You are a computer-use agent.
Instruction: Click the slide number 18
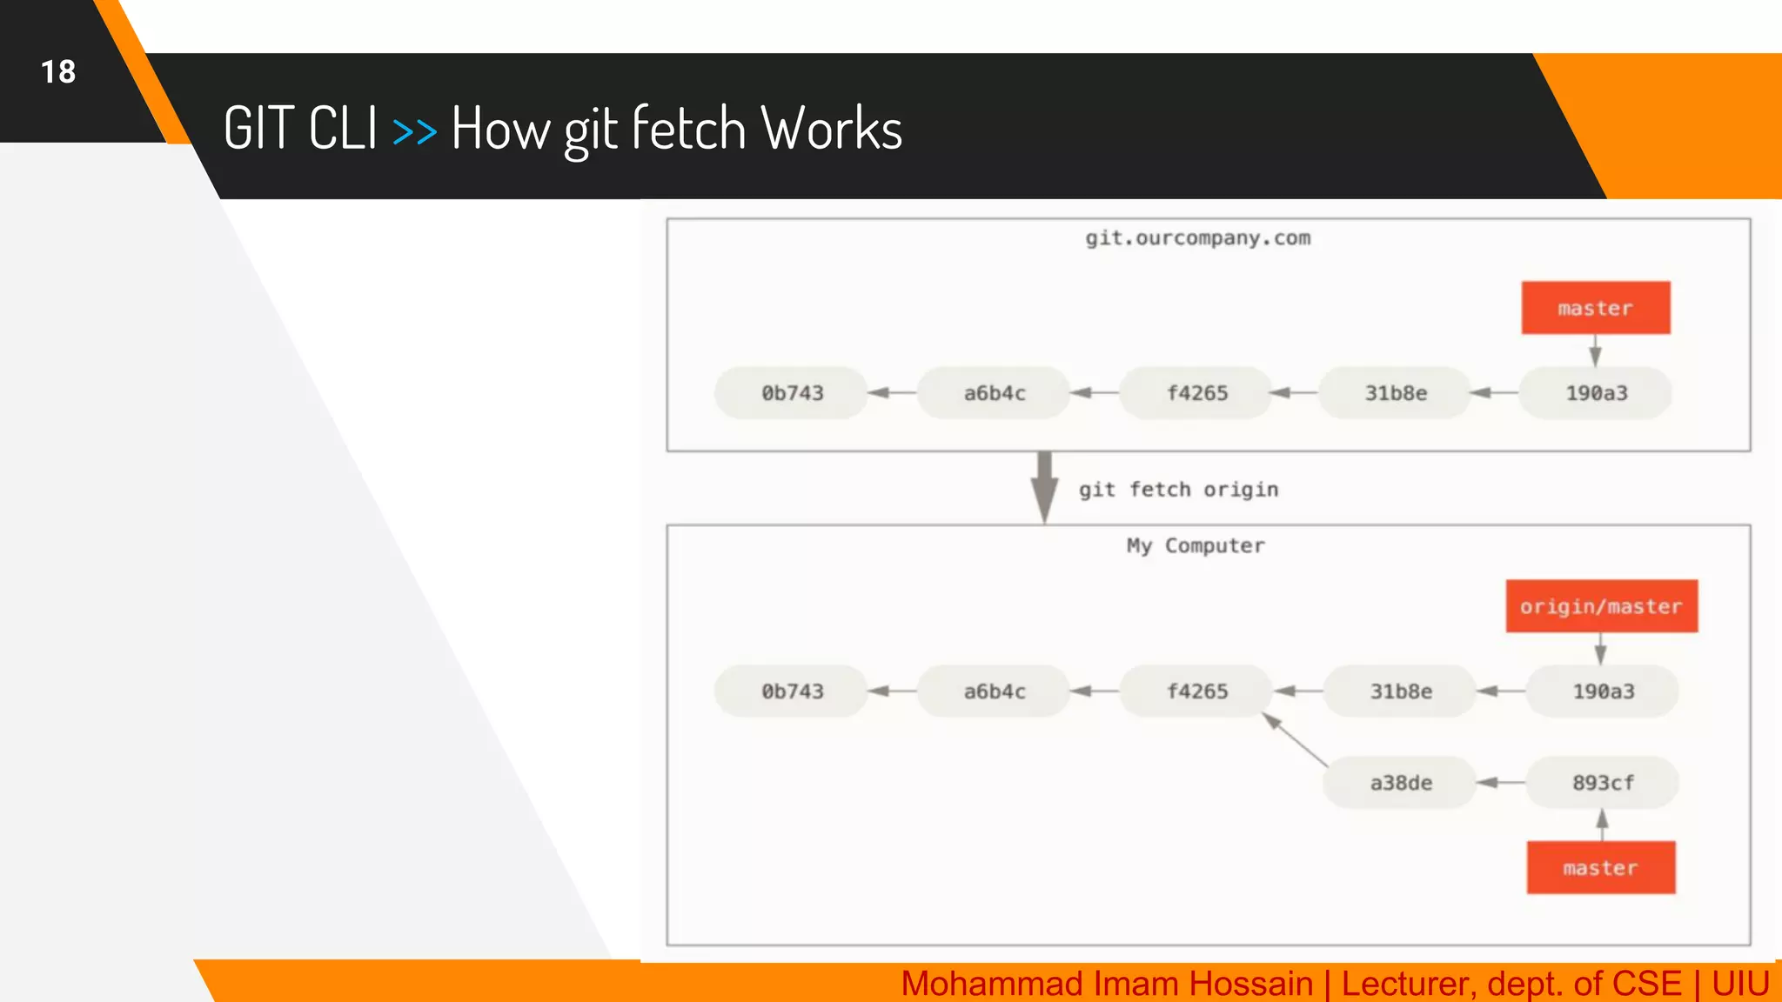pos(58,72)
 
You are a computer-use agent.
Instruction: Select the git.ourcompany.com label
pos(1197,238)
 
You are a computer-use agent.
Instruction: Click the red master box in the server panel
pos(1595,308)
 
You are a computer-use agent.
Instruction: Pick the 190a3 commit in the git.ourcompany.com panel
pos(1596,393)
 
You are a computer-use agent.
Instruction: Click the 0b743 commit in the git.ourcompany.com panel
pos(792,393)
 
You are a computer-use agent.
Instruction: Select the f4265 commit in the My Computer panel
pos(1197,691)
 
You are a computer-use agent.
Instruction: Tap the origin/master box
pos(1601,606)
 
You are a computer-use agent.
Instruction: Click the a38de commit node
pos(1400,783)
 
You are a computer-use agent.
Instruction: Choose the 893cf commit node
pos(1603,783)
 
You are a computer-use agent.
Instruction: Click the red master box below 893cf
pos(1600,868)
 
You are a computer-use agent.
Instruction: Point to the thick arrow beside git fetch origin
pos(1044,487)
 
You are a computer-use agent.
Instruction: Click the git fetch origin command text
pos(1178,490)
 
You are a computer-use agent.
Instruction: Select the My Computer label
pos(1196,545)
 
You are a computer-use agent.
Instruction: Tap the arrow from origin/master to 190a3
pos(1600,649)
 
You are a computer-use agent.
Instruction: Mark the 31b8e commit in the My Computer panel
pos(1400,691)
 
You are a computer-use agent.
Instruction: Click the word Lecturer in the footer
pos(1406,984)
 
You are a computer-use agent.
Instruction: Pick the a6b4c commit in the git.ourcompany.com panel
pos(995,393)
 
